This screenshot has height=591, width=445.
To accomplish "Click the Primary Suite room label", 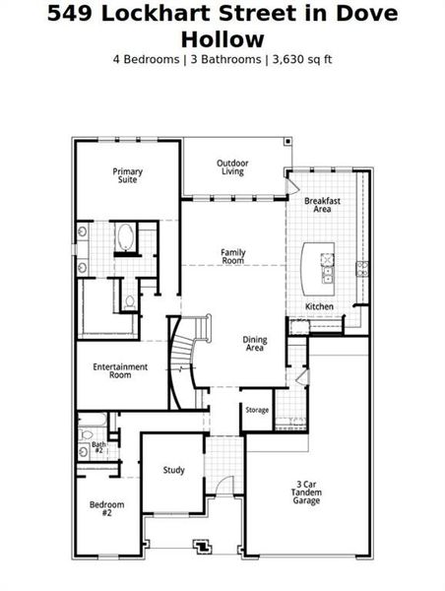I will pyautogui.click(x=127, y=176).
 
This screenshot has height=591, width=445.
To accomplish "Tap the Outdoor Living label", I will pyautogui.click(x=232, y=167).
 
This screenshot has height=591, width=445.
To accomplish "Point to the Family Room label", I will pyautogui.click(x=232, y=256).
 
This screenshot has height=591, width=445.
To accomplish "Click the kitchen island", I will pyautogui.click(x=319, y=264).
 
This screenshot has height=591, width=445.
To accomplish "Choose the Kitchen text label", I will pyautogui.click(x=319, y=307).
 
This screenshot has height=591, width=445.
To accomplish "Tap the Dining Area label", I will pyautogui.click(x=255, y=344).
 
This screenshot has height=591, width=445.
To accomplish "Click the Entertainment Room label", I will pyautogui.click(x=120, y=371).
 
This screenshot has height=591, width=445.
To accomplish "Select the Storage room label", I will pyautogui.click(x=257, y=410).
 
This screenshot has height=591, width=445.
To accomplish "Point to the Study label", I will pyautogui.click(x=173, y=471).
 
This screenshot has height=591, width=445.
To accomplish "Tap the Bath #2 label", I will pyautogui.click(x=98, y=447).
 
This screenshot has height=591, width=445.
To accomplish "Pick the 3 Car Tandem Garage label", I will pyautogui.click(x=307, y=492).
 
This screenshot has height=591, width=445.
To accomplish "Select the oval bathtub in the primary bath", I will pyautogui.click(x=126, y=237).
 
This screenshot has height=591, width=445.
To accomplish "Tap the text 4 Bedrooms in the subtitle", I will pyautogui.click(x=148, y=58).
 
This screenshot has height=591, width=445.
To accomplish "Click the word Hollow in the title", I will pyautogui.click(x=222, y=39).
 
